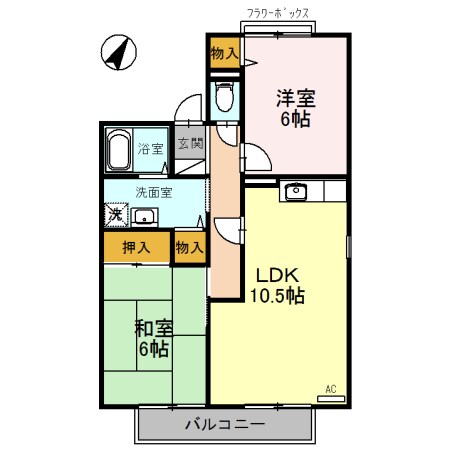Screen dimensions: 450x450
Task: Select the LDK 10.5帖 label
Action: (x=278, y=285)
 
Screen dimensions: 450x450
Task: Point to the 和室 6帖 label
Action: (x=153, y=338)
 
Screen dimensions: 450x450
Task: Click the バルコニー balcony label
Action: (x=224, y=424)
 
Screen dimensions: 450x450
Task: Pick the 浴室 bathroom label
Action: (x=151, y=150)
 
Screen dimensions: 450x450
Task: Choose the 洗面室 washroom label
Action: (x=154, y=192)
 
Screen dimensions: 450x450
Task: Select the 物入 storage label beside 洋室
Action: (x=225, y=53)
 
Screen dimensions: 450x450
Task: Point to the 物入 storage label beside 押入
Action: (x=189, y=247)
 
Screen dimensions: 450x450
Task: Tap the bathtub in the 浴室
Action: (x=119, y=152)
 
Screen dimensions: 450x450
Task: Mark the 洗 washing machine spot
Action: (x=115, y=214)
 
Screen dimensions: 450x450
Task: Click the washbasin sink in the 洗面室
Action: (x=145, y=216)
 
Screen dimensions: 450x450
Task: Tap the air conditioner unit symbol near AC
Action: (x=329, y=399)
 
